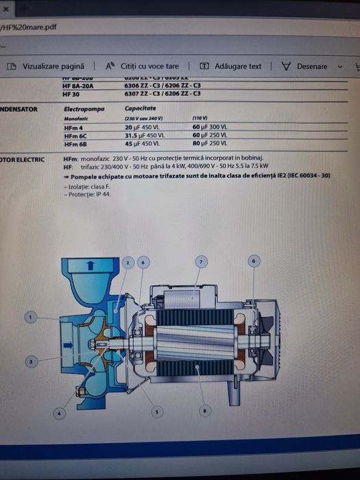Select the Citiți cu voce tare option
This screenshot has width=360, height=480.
143,67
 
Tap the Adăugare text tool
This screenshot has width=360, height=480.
231,67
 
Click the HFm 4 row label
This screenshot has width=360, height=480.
73,128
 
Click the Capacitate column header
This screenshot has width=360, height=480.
140,109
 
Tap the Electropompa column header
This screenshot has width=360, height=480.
86,109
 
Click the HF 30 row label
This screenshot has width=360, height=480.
71,94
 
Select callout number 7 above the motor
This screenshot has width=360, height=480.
201,261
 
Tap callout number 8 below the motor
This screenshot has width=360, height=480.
203,411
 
